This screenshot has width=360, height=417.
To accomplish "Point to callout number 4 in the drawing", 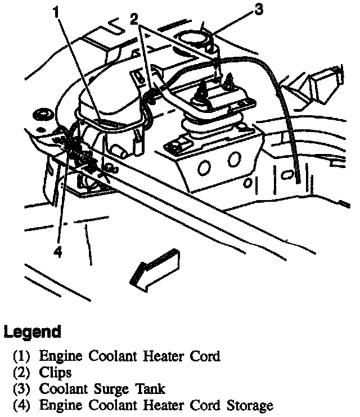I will [57, 251].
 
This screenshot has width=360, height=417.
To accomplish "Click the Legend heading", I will [32, 332].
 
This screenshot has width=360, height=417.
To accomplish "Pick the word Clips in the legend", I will [56, 372].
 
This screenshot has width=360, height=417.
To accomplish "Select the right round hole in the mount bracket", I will [234, 162].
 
